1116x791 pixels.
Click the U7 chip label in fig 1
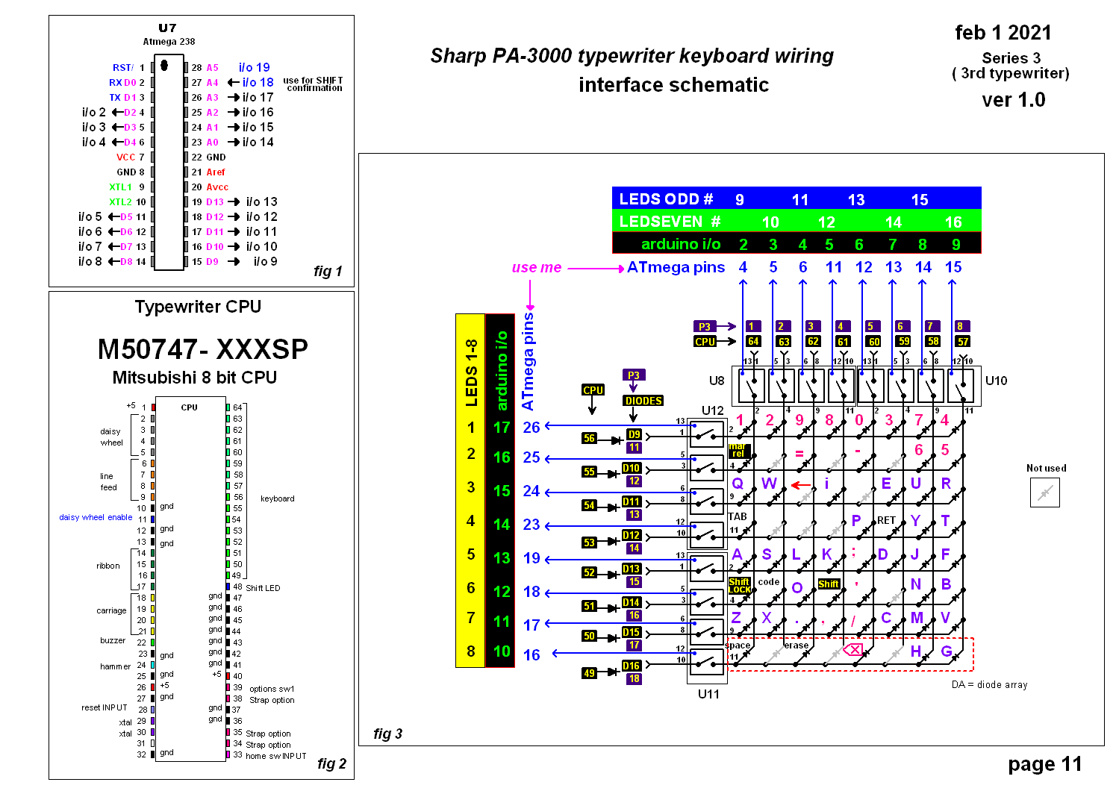click(x=167, y=28)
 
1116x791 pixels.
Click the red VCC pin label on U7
click(x=125, y=157)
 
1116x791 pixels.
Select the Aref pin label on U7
click(x=216, y=172)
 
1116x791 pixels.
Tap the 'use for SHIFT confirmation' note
click(x=314, y=84)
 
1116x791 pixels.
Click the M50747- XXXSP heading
click(x=202, y=349)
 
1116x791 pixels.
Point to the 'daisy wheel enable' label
click(x=96, y=517)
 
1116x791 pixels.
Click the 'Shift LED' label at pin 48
click(x=263, y=588)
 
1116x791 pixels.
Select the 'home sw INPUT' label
click(x=275, y=756)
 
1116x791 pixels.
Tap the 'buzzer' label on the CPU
click(x=113, y=640)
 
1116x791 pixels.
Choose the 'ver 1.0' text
click(x=1013, y=99)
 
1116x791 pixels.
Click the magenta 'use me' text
click(x=536, y=267)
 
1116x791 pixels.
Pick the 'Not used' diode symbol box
click(x=1044, y=493)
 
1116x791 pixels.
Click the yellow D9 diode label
click(x=634, y=434)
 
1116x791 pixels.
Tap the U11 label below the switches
click(x=708, y=694)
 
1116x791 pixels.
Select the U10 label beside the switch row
click(x=996, y=381)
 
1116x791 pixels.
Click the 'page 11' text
click(x=1044, y=764)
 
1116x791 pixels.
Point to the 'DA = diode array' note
click(x=989, y=684)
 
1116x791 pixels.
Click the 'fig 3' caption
click(x=387, y=734)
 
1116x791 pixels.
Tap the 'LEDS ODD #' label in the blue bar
click(x=666, y=199)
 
